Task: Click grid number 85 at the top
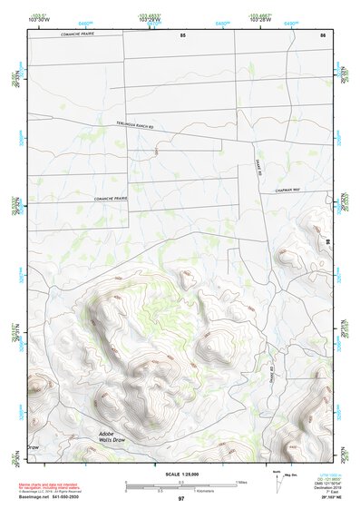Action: [182, 34]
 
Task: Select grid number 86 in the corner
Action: [323, 34]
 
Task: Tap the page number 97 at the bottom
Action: [181, 499]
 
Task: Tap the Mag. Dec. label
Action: [290, 474]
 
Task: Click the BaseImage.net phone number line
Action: [56, 495]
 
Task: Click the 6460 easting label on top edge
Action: [85, 21]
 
